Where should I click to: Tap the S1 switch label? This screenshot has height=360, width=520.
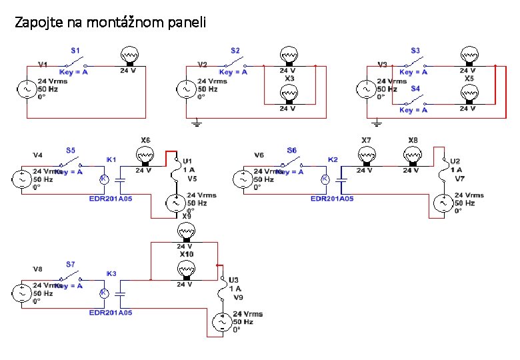(x=76, y=51)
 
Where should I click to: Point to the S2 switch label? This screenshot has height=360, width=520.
(x=235, y=51)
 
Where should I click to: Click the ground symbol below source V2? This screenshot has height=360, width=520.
(x=197, y=123)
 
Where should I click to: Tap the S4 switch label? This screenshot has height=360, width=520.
(x=415, y=87)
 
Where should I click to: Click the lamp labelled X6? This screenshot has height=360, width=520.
(x=145, y=156)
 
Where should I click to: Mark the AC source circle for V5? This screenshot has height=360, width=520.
(x=175, y=202)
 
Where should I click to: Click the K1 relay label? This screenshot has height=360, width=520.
(x=111, y=160)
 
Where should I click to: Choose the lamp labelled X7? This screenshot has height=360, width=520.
(x=366, y=156)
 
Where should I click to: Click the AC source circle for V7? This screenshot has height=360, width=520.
(x=442, y=202)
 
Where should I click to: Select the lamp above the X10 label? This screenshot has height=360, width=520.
(x=185, y=232)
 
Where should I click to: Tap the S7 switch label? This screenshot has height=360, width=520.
(x=70, y=265)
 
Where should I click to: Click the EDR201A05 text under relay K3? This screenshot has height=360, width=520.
(x=111, y=312)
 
